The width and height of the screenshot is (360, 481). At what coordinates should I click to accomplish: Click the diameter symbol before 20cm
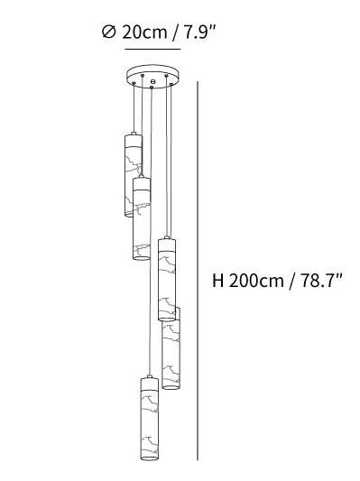point(108,32)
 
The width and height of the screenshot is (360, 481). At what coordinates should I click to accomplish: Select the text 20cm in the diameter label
point(144,32)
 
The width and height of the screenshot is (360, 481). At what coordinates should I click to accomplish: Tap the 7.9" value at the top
point(199,32)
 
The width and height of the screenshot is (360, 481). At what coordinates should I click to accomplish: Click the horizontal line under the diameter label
point(152,49)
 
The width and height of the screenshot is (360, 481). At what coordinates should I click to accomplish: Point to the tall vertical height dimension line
point(198,275)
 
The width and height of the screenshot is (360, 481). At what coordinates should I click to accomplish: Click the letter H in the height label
point(218,281)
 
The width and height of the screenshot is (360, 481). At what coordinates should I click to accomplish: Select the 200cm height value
point(256,281)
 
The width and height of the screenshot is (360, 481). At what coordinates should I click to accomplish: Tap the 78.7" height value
point(320,280)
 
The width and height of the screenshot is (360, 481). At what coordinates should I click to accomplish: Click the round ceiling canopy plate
point(152,77)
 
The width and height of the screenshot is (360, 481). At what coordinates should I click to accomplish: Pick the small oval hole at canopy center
point(153,81)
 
